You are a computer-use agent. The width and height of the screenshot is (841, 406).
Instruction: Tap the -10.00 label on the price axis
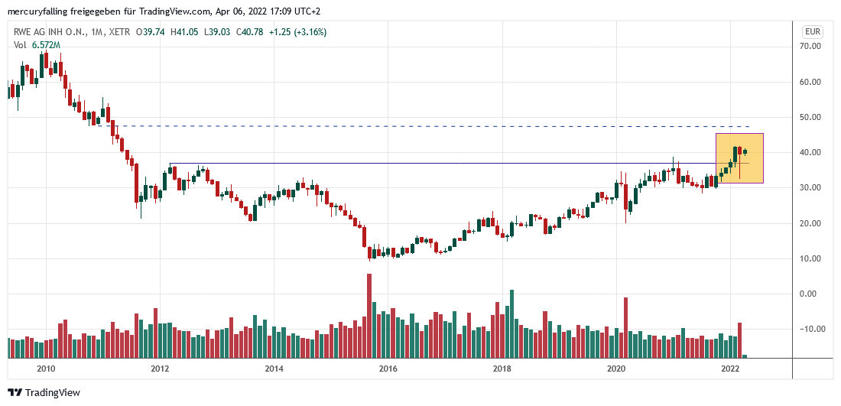[810, 330]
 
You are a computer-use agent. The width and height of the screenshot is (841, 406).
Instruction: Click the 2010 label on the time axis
[46, 369]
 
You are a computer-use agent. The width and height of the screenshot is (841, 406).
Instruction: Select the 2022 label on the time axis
[729, 369]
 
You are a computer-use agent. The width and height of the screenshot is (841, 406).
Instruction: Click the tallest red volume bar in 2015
[369, 315]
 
